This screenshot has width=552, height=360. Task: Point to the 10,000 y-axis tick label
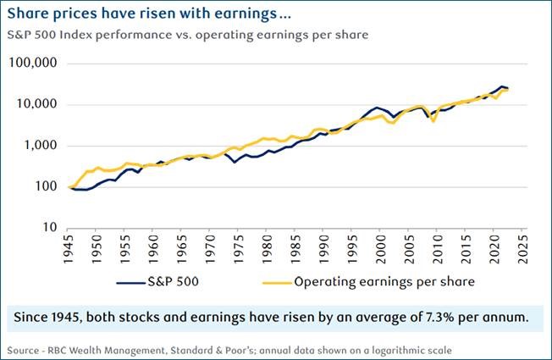point(36,104)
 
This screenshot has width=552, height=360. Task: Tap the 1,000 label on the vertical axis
point(40,146)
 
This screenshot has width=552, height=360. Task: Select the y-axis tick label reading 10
point(50,228)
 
